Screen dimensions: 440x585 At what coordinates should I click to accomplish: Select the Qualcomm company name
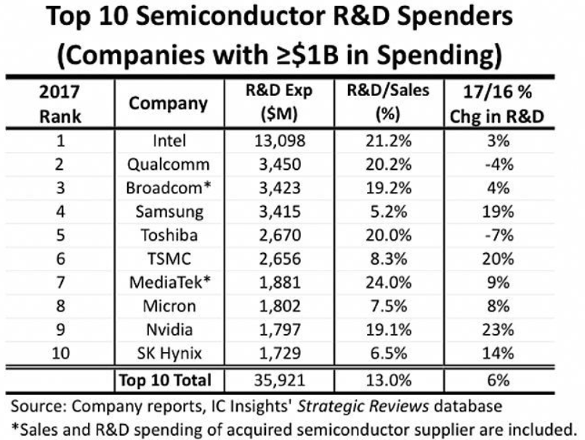tap(168, 164)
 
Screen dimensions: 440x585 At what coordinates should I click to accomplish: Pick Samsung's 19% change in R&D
tap(498, 212)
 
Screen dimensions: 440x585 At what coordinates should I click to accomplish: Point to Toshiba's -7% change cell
tap(498, 236)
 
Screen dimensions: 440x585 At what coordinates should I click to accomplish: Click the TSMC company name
tap(168, 260)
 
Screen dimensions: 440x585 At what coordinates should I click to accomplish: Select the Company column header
tap(168, 103)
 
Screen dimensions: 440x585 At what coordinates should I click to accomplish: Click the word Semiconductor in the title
tap(245, 18)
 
